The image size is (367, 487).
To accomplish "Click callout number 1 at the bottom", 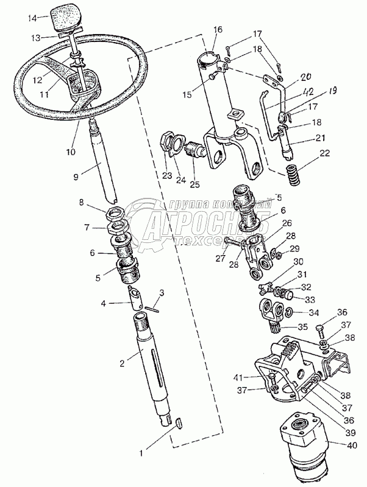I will click(143, 453).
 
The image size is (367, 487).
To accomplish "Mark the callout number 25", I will click(194, 184).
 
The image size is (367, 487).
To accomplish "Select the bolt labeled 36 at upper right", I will click(321, 331).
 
